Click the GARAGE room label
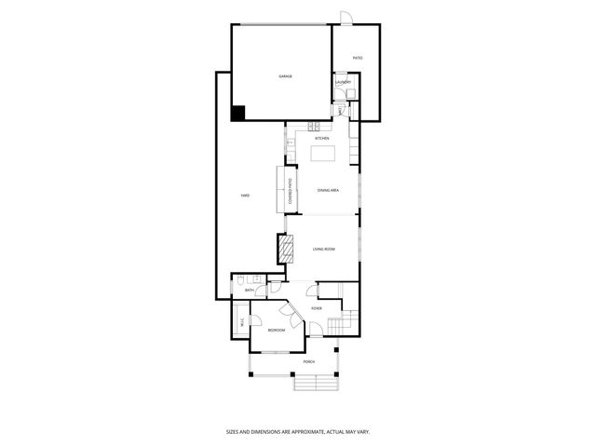click(285, 75)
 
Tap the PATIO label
click(358, 59)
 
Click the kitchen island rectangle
click(321, 152)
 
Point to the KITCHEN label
click(321, 138)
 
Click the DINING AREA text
click(327, 190)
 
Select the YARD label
click(244, 195)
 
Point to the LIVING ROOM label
click(323, 249)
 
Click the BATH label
click(249, 291)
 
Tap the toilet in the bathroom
click(240, 280)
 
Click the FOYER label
click(317, 307)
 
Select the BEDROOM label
click(277, 330)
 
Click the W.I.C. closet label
click(241, 322)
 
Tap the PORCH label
click(308, 361)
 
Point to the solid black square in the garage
click(237, 113)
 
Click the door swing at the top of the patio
click(346, 18)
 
